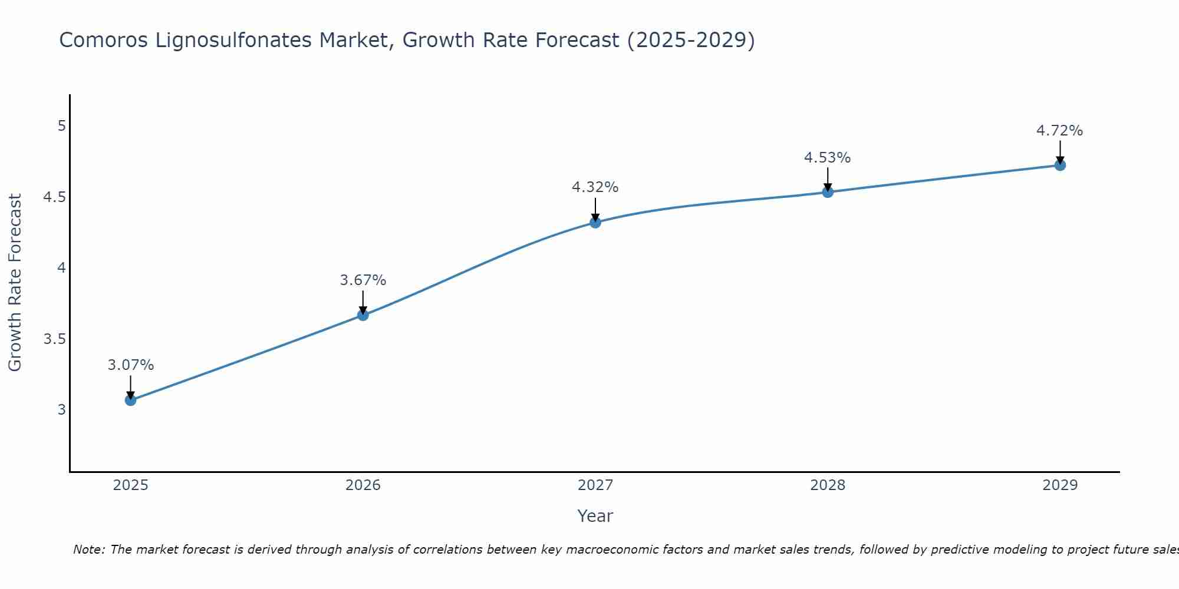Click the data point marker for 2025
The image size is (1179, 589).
(x=131, y=400)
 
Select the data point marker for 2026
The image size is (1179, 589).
(x=363, y=315)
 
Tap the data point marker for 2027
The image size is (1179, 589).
(x=595, y=222)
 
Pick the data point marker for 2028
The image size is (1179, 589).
(x=828, y=192)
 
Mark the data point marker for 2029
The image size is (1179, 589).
(x=1060, y=165)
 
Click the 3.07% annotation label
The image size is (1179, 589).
(x=131, y=365)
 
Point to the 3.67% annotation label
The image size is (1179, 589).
(x=363, y=280)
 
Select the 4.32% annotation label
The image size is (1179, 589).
(x=595, y=187)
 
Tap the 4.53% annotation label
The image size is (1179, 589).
(x=828, y=158)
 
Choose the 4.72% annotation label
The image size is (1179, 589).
(x=1060, y=131)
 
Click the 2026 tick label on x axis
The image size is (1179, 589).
(x=363, y=485)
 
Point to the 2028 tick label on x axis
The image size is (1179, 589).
(x=828, y=485)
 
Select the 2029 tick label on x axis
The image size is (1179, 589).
(x=1060, y=485)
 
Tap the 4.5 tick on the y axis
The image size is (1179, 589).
(x=54, y=197)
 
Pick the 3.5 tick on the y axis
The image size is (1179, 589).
(x=54, y=339)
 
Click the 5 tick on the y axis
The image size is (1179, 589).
(x=61, y=126)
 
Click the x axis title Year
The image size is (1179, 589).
(x=595, y=516)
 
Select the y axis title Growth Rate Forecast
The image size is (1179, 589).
(x=15, y=283)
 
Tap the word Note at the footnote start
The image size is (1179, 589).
(x=88, y=550)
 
